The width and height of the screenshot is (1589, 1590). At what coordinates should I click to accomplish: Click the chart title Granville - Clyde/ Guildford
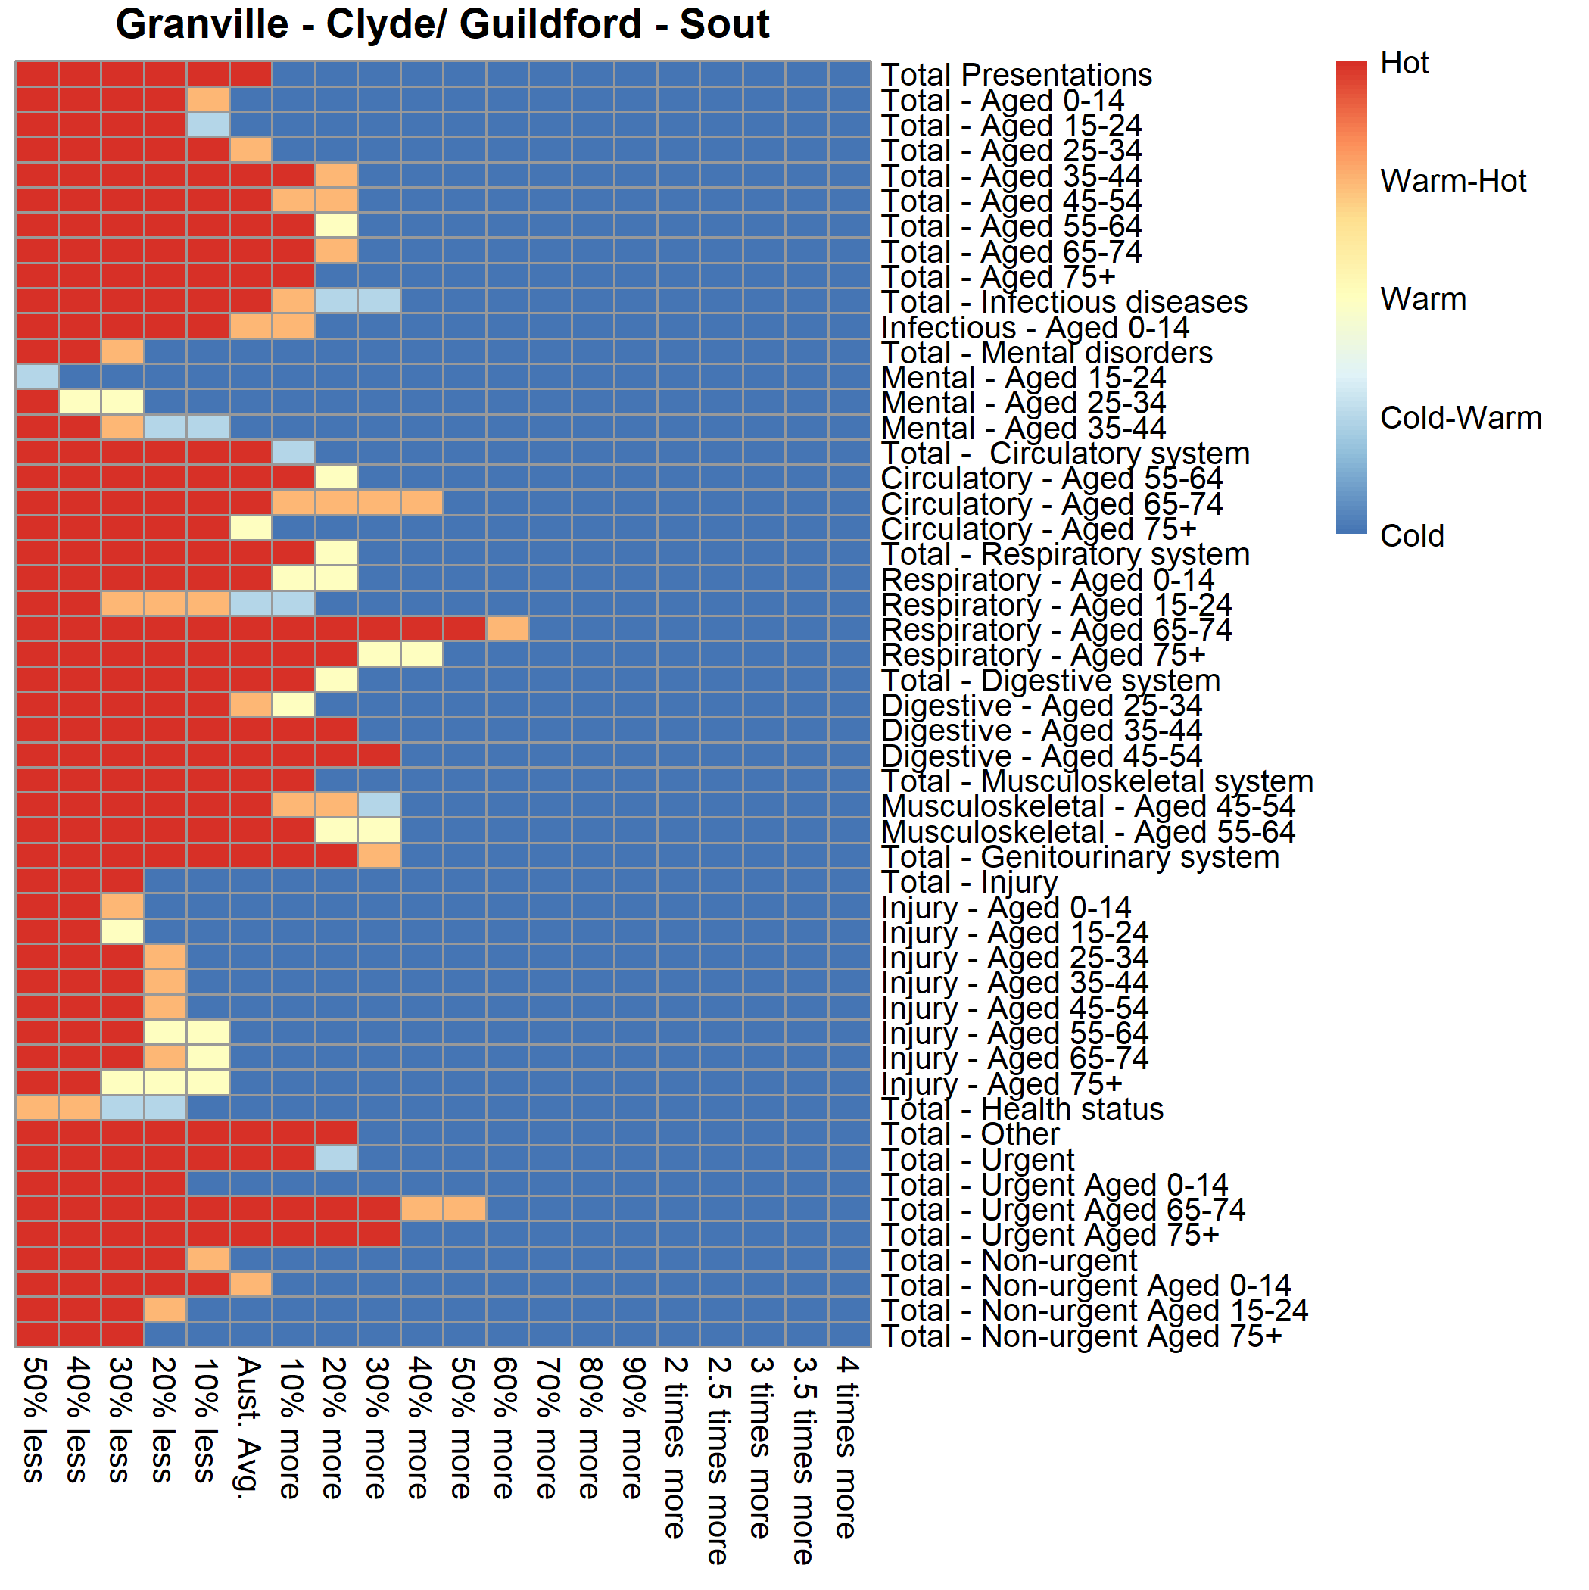pyautogui.click(x=442, y=24)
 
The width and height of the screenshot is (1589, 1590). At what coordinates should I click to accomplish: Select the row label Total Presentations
pyautogui.click(x=1015, y=75)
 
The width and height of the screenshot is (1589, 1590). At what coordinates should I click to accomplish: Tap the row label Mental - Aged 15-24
pyautogui.click(x=1023, y=378)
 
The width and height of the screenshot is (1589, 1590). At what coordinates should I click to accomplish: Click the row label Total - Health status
pyautogui.click(x=1022, y=1108)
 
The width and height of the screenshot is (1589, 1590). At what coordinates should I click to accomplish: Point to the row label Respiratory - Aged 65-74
pyautogui.click(x=1056, y=630)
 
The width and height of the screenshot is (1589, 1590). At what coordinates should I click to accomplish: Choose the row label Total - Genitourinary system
pyautogui.click(x=1080, y=857)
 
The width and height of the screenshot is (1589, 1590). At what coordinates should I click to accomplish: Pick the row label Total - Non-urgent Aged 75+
pyautogui.click(x=1081, y=1336)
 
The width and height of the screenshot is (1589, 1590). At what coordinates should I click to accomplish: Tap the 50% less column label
pyautogui.click(x=35, y=1420)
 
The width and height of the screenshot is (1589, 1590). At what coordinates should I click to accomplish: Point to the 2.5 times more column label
pyautogui.click(x=719, y=1460)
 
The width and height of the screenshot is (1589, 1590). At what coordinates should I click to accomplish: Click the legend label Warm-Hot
pyautogui.click(x=1453, y=181)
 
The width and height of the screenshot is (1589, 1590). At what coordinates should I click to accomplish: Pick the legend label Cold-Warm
pyautogui.click(x=1460, y=418)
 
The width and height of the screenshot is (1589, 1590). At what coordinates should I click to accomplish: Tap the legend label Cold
pyautogui.click(x=1411, y=536)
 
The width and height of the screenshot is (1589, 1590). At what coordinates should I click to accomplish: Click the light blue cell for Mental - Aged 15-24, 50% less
pyautogui.click(x=37, y=376)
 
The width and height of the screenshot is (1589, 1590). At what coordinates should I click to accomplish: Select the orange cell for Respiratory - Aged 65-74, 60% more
pyautogui.click(x=507, y=628)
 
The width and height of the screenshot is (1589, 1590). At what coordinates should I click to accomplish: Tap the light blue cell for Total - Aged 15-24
pyautogui.click(x=207, y=124)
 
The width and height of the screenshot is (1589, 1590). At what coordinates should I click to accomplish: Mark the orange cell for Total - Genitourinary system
pyautogui.click(x=379, y=856)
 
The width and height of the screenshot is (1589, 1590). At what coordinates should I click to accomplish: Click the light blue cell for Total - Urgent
pyautogui.click(x=335, y=1158)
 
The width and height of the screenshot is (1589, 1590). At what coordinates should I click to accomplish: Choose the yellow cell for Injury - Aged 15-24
pyautogui.click(x=123, y=931)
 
